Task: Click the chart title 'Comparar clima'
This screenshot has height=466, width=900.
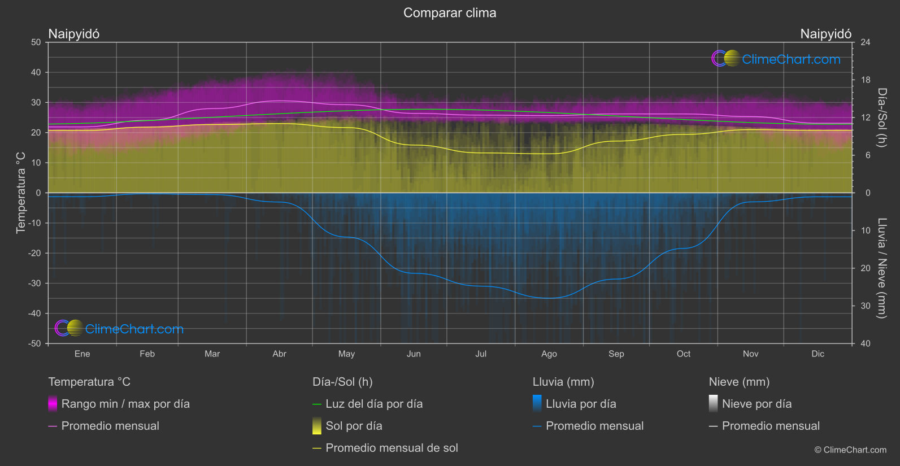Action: pyautogui.click(x=450, y=13)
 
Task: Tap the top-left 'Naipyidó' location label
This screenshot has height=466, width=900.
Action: pyautogui.click(x=74, y=34)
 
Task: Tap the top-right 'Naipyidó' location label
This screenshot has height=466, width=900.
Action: pyautogui.click(x=825, y=34)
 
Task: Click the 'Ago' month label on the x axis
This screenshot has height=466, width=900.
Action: pyautogui.click(x=549, y=354)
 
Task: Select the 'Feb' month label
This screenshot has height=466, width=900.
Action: pyautogui.click(x=147, y=354)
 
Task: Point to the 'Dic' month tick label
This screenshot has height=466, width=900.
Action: pyautogui.click(x=818, y=354)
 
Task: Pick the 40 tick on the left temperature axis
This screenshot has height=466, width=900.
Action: pyautogui.click(x=36, y=72)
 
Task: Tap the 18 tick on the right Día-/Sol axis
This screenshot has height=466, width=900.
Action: pyautogui.click(x=866, y=80)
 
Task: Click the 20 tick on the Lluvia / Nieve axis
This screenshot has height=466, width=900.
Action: pyautogui.click(x=866, y=268)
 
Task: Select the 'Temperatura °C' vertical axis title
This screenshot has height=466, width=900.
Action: pyautogui.click(x=21, y=193)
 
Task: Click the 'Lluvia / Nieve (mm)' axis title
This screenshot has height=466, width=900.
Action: pyautogui.click(x=881, y=268)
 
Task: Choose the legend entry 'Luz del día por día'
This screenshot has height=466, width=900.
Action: pyautogui.click(x=373, y=404)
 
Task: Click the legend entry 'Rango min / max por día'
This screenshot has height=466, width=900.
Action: pyautogui.click(x=125, y=404)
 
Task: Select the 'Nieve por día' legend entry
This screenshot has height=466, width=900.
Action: pyautogui.click(x=756, y=404)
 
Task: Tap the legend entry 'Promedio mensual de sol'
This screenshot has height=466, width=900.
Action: pyautogui.click(x=392, y=448)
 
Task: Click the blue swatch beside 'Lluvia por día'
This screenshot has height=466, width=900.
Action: pyautogui.click(x=537, y=404)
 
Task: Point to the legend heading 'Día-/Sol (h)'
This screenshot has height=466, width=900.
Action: pyautogui.click(x=342, y=382)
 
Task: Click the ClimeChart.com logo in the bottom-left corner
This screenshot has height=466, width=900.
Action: pyautogui.click(x=119, y=329)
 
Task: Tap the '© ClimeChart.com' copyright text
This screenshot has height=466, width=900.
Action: pyautogui.click(x=850, y=450)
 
